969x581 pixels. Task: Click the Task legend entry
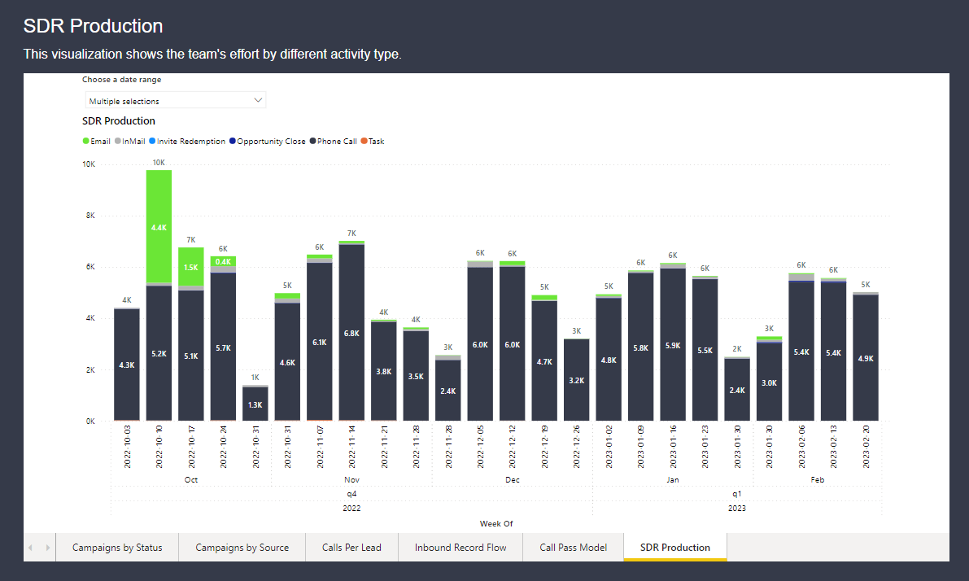[373, 142]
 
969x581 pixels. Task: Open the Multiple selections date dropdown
[175, 101]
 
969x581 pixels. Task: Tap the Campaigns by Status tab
[117, 548]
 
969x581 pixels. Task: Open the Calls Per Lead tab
[351, 548]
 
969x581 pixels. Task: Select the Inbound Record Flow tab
[460, 548]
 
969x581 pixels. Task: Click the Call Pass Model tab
[573, 548]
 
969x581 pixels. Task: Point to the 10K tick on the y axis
[89, 164]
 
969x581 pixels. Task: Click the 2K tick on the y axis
[90, 370]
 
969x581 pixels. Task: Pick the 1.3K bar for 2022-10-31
[255, 404]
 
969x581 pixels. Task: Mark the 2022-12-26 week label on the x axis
[577, 446]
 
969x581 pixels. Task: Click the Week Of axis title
[496, 523]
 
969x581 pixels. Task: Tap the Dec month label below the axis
[513, 480]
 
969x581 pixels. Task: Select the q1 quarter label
[737, 494]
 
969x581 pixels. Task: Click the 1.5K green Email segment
[191, 267]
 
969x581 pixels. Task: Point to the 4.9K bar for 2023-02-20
[866, 357]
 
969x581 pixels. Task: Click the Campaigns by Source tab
[242, 548]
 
